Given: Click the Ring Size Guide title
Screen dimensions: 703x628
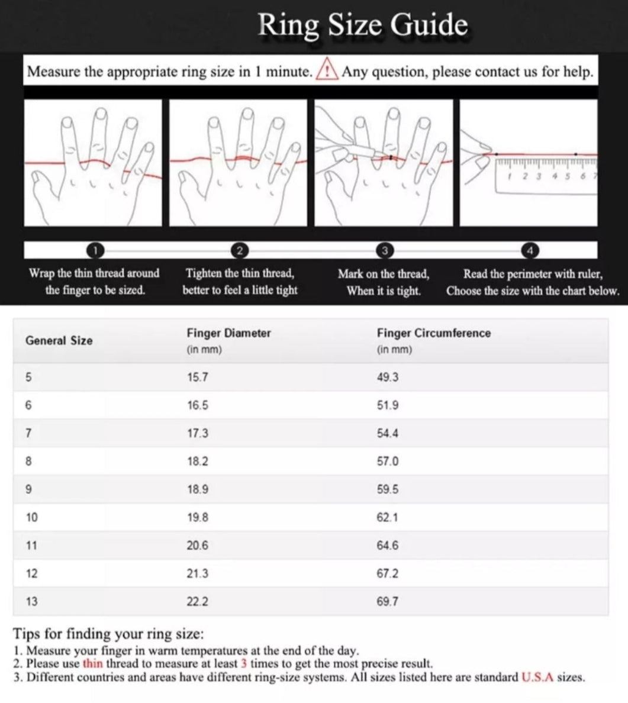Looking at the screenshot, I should click(x=362, y=25).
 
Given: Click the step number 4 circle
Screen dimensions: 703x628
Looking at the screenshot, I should click(x=530, y=250).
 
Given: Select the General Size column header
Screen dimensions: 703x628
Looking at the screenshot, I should click(x=59, y=340).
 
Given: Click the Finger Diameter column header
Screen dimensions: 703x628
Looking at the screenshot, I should click(x=228, y=333).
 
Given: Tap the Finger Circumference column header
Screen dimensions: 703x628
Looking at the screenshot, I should click(x=433, y=333).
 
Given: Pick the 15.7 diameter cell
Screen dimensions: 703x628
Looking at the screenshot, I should click(x=197, y=377).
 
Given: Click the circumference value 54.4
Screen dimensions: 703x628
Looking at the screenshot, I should click(x=388, y=433).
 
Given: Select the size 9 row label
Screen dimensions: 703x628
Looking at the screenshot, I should click(x=29, y=489).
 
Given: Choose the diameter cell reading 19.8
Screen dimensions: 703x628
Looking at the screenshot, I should click(x=197, y=517).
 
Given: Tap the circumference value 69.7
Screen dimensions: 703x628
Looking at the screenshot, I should click(x=388, y=601).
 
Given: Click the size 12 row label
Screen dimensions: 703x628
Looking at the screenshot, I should click(x=31, y=573).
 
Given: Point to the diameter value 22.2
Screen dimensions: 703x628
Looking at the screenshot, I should click(x=197, y=601).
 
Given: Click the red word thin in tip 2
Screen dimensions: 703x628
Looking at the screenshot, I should click(x=92, y=664).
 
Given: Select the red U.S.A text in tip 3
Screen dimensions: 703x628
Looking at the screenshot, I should click(x=537, y=677).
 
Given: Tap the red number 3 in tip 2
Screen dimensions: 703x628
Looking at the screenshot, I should click(x=243, y=664).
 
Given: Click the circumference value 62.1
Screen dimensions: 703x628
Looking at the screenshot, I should click(x=388, y=517).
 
